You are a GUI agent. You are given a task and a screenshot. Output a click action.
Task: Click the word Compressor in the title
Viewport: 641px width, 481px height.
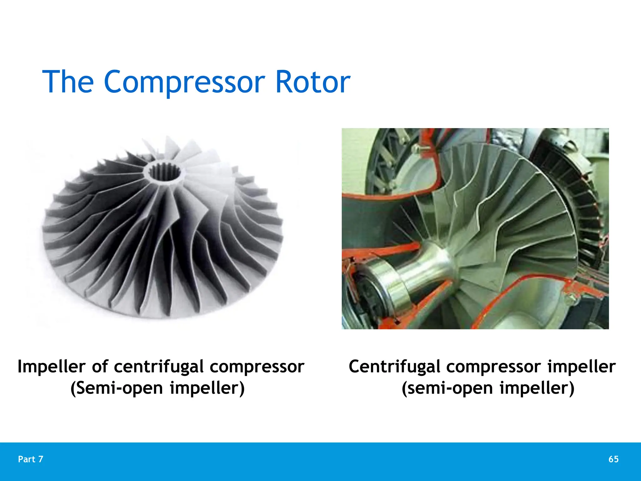pos(184,82)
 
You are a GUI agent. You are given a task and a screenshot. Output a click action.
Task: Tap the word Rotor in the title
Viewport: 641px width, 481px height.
pos(313,82)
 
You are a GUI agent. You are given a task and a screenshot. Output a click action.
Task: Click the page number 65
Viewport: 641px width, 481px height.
pos(613,459)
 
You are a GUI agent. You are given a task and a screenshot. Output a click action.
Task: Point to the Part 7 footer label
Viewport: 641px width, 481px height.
pos(31,459)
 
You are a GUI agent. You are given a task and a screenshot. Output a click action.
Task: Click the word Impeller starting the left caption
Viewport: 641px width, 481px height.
pos(51,366)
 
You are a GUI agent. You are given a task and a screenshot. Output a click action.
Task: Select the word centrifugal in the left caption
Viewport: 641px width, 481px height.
pos(159,367)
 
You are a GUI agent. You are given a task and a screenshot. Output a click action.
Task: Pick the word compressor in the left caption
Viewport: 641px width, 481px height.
pos(257,367)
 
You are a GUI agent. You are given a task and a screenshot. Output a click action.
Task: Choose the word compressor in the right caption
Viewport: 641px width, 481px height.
pos(494,367)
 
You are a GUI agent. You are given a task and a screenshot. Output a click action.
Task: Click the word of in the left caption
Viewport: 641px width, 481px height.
pos(100,366)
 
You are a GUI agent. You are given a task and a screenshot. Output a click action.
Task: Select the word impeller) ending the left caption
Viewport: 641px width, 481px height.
pos(207,388)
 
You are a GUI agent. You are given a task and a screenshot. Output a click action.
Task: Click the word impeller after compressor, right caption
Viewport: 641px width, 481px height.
pos(582,366)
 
